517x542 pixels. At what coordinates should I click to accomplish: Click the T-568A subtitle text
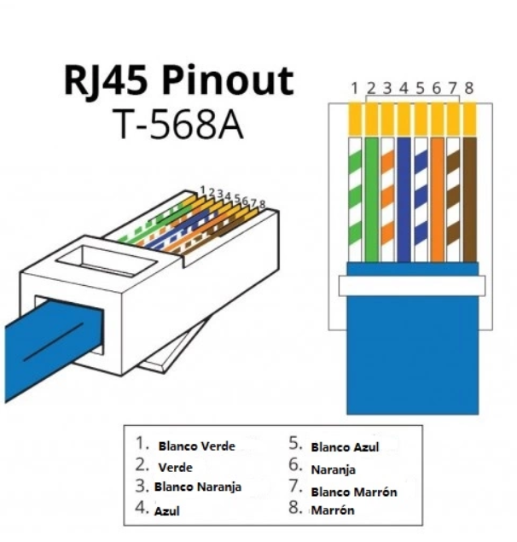click(x=179, y=124)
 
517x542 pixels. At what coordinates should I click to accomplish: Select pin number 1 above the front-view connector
click(x=354, y=89)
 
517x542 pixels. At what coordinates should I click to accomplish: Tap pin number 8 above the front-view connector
click(x=468, y=89)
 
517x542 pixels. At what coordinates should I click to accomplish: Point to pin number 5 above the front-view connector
click(x=420, y=89)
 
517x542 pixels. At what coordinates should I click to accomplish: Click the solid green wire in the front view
click(x=371, y=200)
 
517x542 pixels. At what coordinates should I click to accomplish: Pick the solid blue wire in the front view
click(x=404, y=200)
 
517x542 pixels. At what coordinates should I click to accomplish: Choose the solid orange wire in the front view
click(x=437, y=200)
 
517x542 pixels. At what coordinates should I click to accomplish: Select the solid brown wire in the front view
click(x=470, y=200)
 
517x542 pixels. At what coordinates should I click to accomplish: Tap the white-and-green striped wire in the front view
click(x=355, y=200)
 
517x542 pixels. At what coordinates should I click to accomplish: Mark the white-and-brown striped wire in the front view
click(x=453, y=200)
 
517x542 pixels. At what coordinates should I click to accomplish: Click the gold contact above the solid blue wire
click(x=404, y=119)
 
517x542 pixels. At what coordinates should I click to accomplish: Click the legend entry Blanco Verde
click(x=196, y=446)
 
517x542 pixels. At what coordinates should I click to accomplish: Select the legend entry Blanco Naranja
click(x=198, y=487)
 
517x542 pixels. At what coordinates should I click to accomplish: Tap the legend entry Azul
click(x=167, y=511)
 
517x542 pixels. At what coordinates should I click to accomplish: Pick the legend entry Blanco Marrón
click(x=354, y=492)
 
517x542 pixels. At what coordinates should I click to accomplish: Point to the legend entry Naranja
click(x=333, y=469)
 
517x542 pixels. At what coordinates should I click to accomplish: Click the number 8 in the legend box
click(x=295, y=508)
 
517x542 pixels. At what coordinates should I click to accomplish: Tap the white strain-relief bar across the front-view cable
click(x=411, y=286)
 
